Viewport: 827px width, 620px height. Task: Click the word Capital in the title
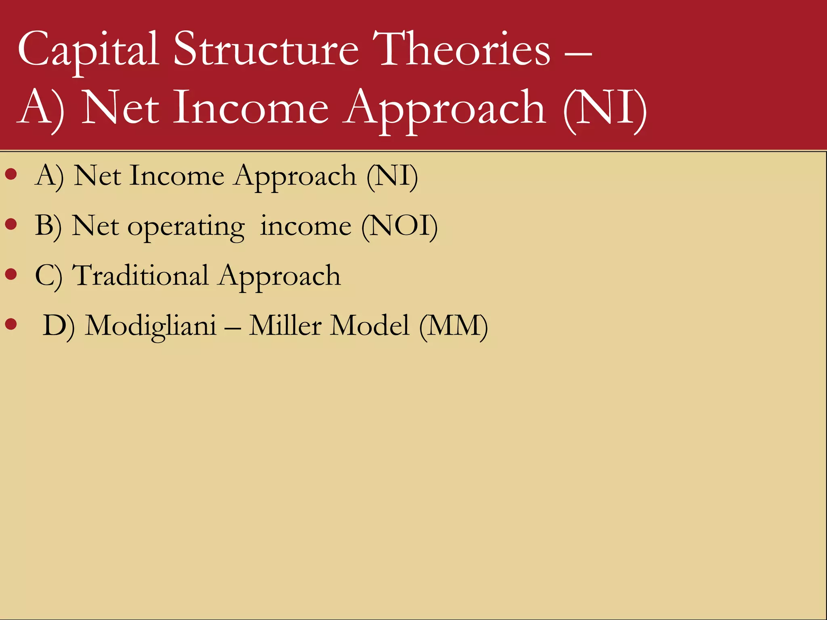coord(88,50)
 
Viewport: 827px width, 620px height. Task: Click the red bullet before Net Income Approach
coord(11,174)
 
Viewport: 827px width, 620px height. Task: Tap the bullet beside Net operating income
coord(11,224)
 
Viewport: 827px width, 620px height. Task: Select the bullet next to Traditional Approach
coord(11,274)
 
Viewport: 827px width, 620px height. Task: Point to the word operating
coord(186,227)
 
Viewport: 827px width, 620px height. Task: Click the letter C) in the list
coord(48,276)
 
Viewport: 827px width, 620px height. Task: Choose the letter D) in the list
coord(59,326)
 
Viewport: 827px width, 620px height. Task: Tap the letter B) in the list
coord(48,226)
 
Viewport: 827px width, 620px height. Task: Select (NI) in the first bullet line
coord(392,176)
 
